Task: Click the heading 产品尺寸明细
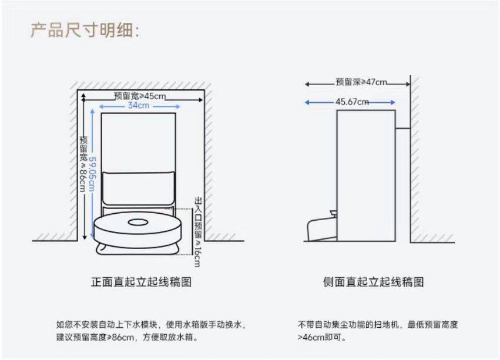(85, 30)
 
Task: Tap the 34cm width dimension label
(139, 106)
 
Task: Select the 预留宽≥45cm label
(140, 96)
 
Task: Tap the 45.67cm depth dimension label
(353, 102)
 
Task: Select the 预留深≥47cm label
(361, 82)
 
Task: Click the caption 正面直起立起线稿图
(141, 282)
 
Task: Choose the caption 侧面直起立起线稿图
(374, 282)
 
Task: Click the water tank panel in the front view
(139, 187)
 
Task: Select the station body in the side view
(365, 176)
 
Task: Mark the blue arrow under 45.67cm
(350, 102)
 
